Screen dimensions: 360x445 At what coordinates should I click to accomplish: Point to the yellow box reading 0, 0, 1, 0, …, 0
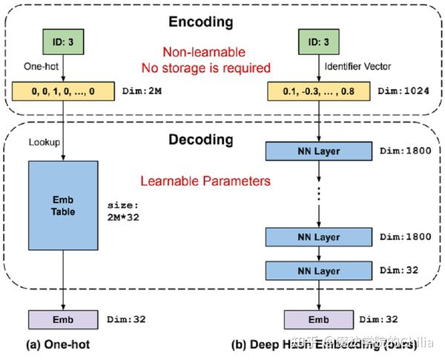[x=65, y=91]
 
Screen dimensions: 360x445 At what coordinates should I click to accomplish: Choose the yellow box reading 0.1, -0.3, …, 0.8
[x=318, y=91]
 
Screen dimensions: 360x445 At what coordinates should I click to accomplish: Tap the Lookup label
[x=43, y=140]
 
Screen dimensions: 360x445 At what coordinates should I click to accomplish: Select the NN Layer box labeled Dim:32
[x=317, y=270]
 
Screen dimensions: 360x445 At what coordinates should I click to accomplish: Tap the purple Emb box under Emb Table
[x=64, y=319]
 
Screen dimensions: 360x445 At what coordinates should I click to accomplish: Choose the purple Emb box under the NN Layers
[x=317, y=319]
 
